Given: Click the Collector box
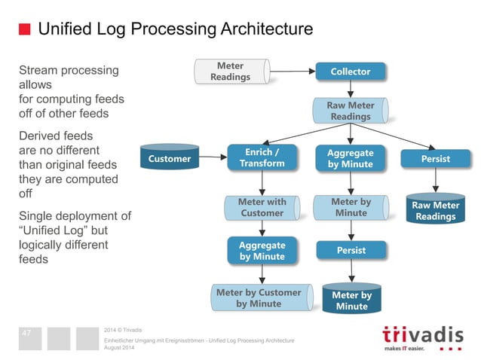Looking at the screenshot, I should tap(351, 72).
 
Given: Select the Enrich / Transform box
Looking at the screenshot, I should tap(262, 158).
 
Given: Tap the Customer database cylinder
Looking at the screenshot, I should tap(170, 159).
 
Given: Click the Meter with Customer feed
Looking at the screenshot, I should tap(262, 207).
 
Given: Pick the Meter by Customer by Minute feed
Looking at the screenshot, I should tap(259, 297).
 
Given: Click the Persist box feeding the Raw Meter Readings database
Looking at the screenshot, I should tap(436, 159).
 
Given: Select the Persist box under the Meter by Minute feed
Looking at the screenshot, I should tap(351, 250).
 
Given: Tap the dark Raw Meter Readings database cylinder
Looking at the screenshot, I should tap(436, 210).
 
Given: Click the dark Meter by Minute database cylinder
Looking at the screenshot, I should tap(351, 300).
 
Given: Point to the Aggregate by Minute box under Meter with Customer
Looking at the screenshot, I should tap(262, 251).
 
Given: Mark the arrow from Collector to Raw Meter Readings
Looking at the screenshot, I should tap(351, 89).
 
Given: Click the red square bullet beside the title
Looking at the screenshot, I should tap(24, 30).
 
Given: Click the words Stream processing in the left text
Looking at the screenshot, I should tap(69, 70).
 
